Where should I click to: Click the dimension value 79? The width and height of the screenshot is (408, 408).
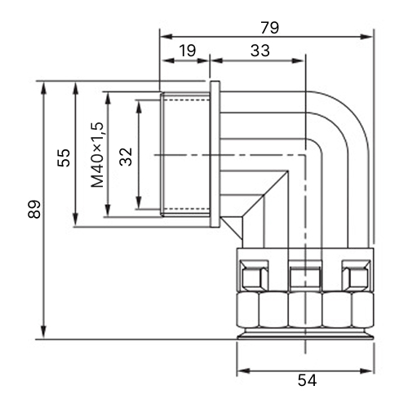point(269,28)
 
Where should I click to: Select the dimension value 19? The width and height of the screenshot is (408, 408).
point(188,51)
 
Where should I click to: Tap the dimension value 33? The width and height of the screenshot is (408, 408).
point(260,51)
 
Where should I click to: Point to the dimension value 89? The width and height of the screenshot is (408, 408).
point(34,210)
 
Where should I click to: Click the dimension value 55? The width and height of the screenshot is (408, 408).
point(64,157)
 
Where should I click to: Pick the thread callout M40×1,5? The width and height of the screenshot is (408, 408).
point(97,155)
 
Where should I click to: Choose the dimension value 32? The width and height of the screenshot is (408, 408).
point(126,157)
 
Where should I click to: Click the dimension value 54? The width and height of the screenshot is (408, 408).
point(307,380)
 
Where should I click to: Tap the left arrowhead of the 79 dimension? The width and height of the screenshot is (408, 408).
point(166,37)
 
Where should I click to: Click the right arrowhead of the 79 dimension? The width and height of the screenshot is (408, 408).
point(366,37)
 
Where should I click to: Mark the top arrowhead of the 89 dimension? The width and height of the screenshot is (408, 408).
point(43,87)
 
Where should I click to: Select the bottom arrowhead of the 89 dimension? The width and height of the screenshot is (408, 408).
point(43,333)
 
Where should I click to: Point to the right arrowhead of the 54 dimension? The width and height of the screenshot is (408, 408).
point(366,371)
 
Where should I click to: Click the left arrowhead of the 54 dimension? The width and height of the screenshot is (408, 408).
point(243,371)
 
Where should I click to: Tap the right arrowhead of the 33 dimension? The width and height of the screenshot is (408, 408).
point(298,60)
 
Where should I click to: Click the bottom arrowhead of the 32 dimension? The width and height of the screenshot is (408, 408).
point(139,202)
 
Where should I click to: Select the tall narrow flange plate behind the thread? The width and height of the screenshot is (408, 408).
point(215,154)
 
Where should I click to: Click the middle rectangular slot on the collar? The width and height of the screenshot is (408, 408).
point(305,276)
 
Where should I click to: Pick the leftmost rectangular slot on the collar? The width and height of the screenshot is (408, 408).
point(254,276)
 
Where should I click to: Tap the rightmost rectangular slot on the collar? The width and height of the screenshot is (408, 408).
point(356,276)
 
